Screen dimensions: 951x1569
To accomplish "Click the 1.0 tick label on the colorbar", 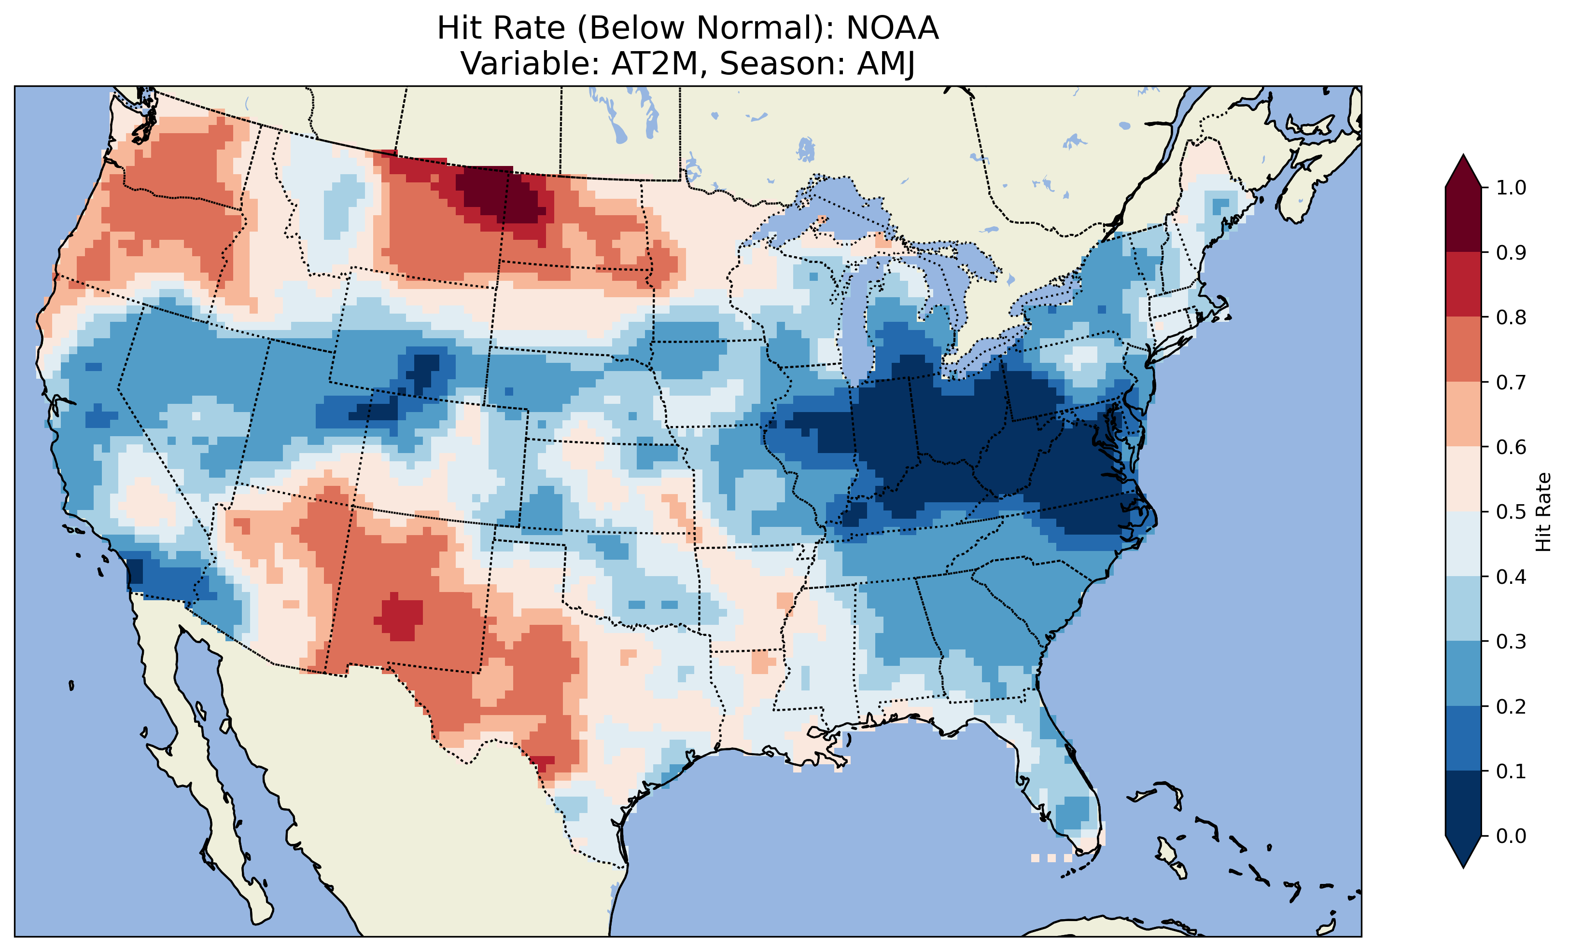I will tap(1511, 188).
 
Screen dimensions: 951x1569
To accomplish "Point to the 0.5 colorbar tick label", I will tap(1511, 512).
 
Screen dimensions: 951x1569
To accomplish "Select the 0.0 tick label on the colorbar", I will tap(1511, 836).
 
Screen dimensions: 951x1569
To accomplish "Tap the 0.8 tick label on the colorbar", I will tap(1511, 317).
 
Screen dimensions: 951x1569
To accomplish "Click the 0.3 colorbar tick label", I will tap(1511, 642).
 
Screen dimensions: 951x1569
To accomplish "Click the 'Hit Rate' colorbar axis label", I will tap(1543, 512).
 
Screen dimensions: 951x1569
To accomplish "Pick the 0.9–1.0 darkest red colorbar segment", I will tap(1463, 220).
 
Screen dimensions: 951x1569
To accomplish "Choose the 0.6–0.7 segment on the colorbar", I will tap(1463, 414).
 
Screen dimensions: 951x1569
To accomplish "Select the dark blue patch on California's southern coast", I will tap(136, 570).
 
